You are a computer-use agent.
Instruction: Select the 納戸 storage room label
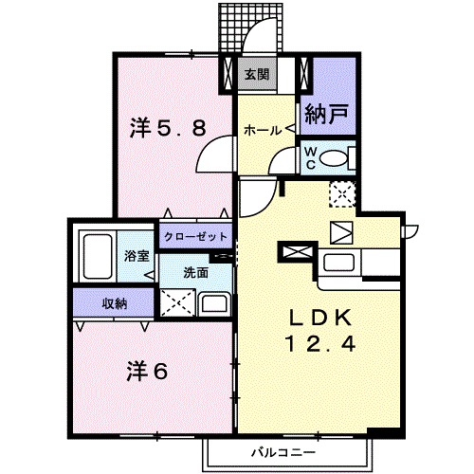coord(325,117)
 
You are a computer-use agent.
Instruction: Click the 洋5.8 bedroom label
coord(168,128)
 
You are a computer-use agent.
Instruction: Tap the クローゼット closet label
coord(196,237)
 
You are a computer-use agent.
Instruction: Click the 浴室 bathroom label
coord(137,256)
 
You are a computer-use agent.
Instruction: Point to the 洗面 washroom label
coord(196,273)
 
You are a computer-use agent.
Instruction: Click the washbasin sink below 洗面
coord(215,305)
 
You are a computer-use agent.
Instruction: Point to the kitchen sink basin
coord(339,263)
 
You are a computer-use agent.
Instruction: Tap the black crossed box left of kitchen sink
coord(294,253)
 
